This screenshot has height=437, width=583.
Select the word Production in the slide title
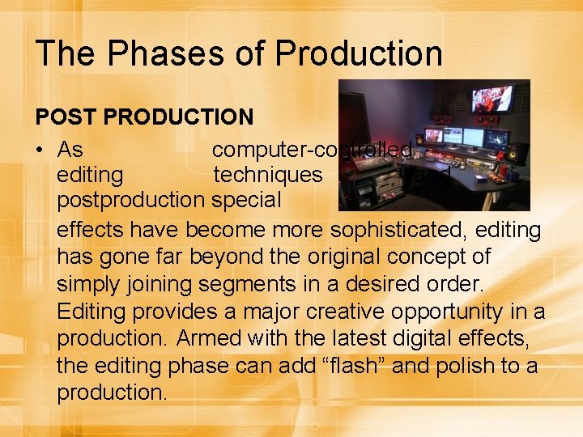tap(359, 53)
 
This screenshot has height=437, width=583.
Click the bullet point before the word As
tap(40, 151)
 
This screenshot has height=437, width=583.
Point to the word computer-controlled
tap(312, 151)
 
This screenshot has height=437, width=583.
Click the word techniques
tap(268, 175)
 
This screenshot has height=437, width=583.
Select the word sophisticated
tap(391, 230)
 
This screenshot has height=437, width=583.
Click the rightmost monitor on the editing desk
tap(496, 138)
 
